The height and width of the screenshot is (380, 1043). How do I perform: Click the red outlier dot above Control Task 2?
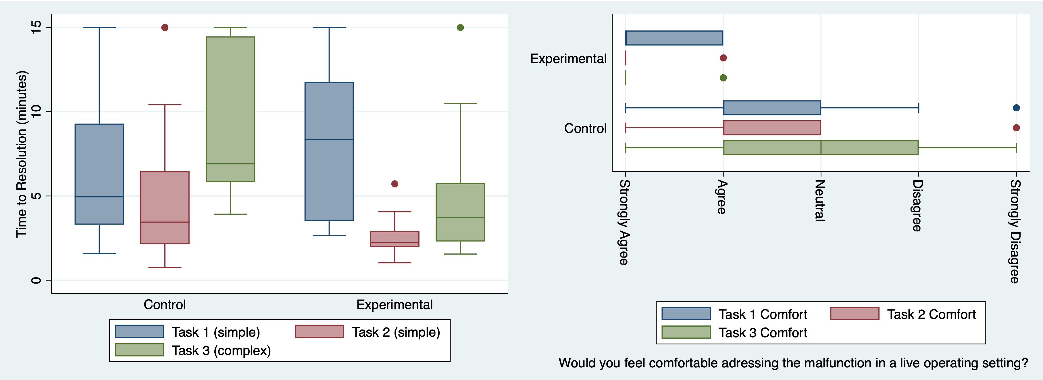coord(165,28)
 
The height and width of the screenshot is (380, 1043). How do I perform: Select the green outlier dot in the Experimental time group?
coord(460,28)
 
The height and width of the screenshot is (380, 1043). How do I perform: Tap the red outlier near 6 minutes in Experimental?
coord(395,184)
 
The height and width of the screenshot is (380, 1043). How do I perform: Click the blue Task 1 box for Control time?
coord(99,174)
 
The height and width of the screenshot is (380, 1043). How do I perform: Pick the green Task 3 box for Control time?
coord(230,109)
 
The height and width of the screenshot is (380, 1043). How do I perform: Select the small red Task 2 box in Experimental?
coord(395,239)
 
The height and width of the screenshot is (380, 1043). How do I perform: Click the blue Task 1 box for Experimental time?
coord(329,152)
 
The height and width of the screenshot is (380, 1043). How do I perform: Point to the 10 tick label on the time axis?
coord(36,112)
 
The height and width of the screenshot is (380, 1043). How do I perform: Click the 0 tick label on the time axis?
coord(36,280)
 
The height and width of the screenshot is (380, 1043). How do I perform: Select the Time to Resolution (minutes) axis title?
coord(22,154)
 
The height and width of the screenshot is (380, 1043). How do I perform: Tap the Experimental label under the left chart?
coord(395,305)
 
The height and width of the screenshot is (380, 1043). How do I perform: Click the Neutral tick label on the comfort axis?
coord(820,201)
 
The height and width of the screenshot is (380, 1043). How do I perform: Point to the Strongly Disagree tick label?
coord(1015,232)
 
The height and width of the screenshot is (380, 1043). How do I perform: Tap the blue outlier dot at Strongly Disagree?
coord(1016,108)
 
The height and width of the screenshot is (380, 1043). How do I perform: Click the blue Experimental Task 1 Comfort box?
coord(674,38)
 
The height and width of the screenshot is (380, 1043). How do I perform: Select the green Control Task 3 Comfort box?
coord(821,148)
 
